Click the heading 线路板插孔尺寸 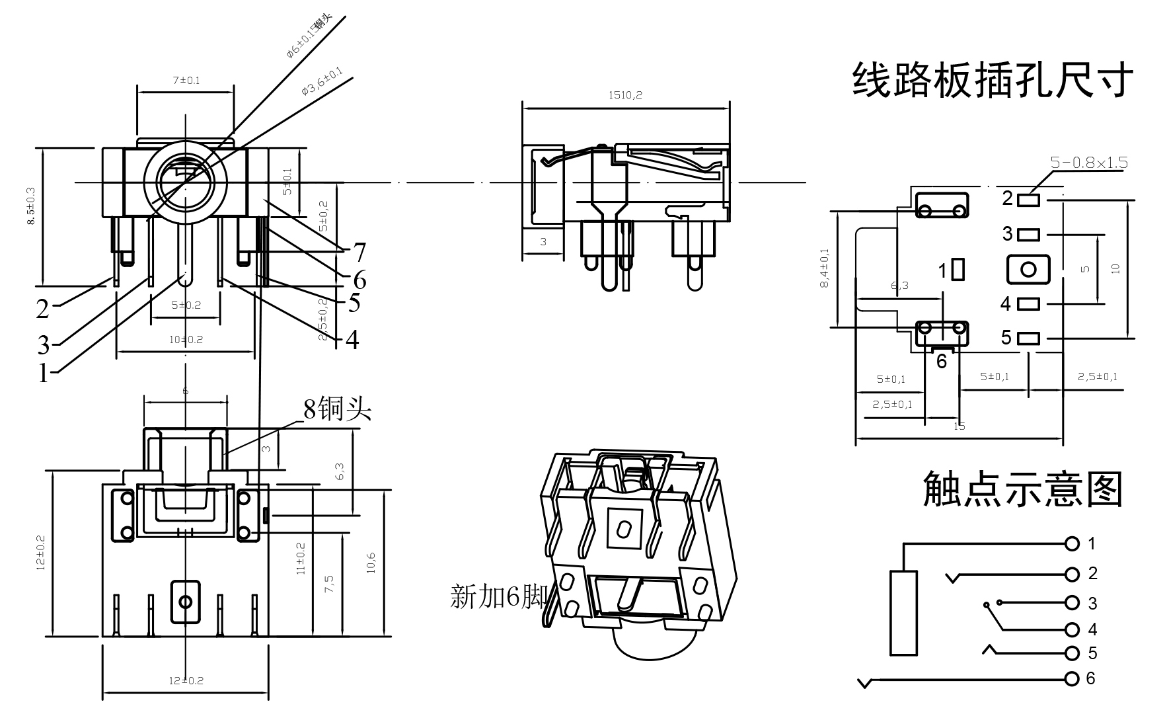click(x=993, y=81)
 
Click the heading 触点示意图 click(x=1022, y=490)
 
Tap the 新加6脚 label click(x=498, y=597)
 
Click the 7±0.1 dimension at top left click(x=186, y=81)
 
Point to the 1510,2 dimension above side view click(x=625, y=95)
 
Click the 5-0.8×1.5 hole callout click(x=1089, y=163)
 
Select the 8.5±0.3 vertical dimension click(x=31, y=207)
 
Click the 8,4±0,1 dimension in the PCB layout click(x=824, y=268)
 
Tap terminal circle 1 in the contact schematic click(x=1072, y=544)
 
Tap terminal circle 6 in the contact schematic click(x=1072, y=679)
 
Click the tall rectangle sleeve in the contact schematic click(x=903, y=613)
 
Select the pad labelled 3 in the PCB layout click(x=1029, y=234)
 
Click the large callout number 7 click(x=359, y=252)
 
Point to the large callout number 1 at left click(x=44, y=374)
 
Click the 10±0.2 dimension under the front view click(x=186, y=340)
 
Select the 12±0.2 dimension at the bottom click(x=186, y=680)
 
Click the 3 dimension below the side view click(x=543, y=242)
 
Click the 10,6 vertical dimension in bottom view click(x=371, y=562)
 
